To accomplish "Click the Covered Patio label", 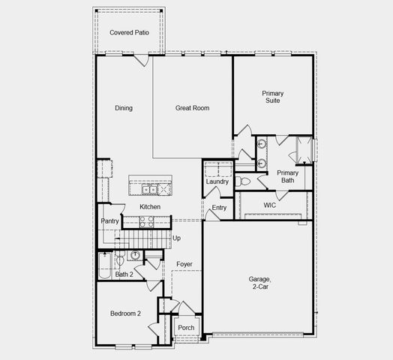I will pos(128,33).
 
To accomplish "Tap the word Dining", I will pos(124,108).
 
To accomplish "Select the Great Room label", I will pos(193,108).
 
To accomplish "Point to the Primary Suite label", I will pos(272,97).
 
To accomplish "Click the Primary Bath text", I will pos(289,176).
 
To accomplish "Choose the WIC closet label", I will pos(271,205).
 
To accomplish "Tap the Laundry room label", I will pos(217,181).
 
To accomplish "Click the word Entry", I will pos(219,208).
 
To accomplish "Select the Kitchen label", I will pos(150,207).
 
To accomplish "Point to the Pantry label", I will pos(110,221).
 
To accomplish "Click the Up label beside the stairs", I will pos(177,238).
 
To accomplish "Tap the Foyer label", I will pos(184,264).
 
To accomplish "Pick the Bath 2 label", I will pos(124,274).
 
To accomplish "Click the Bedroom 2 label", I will pos(126,313).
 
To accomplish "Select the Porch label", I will pos(186,328).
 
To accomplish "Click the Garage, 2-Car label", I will pos(260,283).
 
